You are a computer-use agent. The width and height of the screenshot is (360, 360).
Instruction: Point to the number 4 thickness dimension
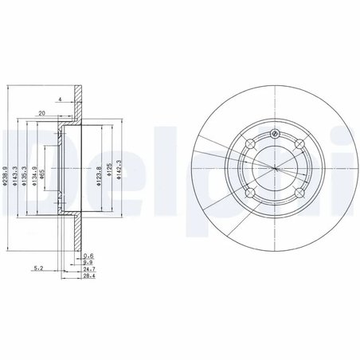point(61,100)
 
